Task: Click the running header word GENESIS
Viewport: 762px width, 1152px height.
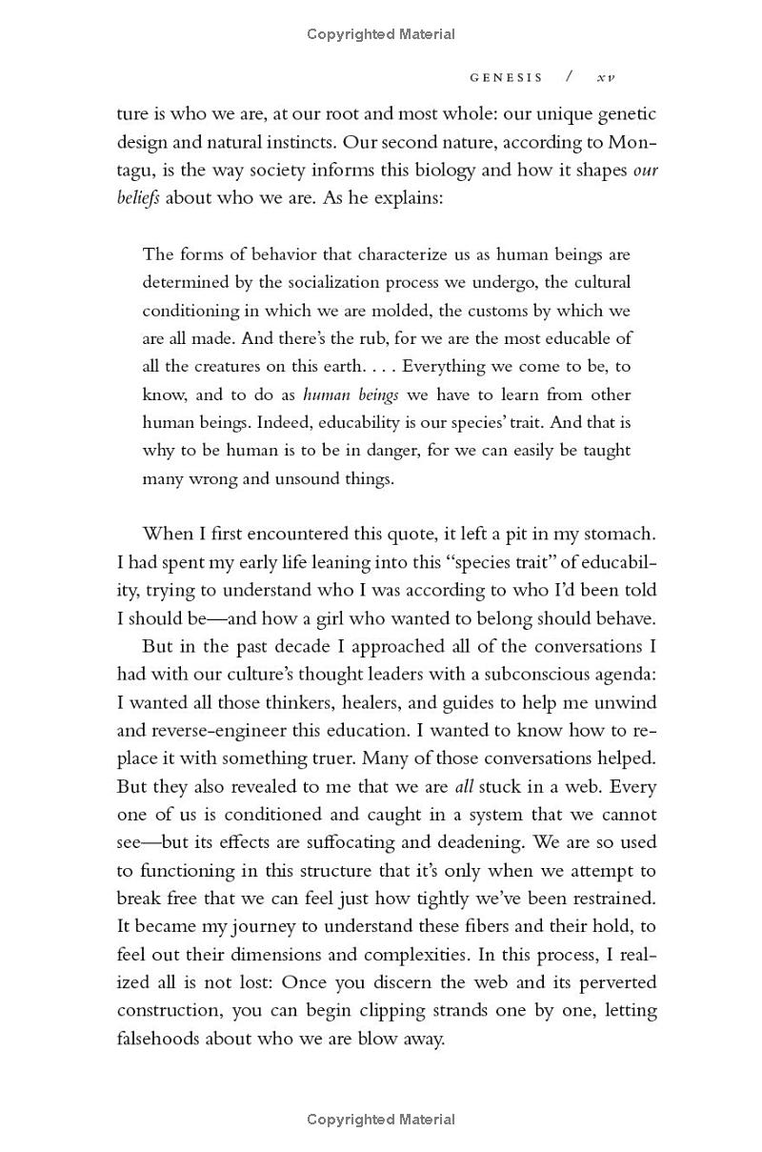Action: click(506, 77)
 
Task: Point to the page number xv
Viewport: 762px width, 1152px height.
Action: click(606, 77)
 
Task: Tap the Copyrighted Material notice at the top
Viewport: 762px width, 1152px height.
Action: click(381, 34)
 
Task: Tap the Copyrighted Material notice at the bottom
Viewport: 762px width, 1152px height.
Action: click(381, 1120)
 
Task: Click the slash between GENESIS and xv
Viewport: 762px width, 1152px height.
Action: click(569, 77)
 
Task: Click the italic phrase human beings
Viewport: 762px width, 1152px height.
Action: click(351, 394)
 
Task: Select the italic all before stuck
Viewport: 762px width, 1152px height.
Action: click(464, 787)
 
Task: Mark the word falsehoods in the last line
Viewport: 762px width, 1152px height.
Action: click(158, 1039)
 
